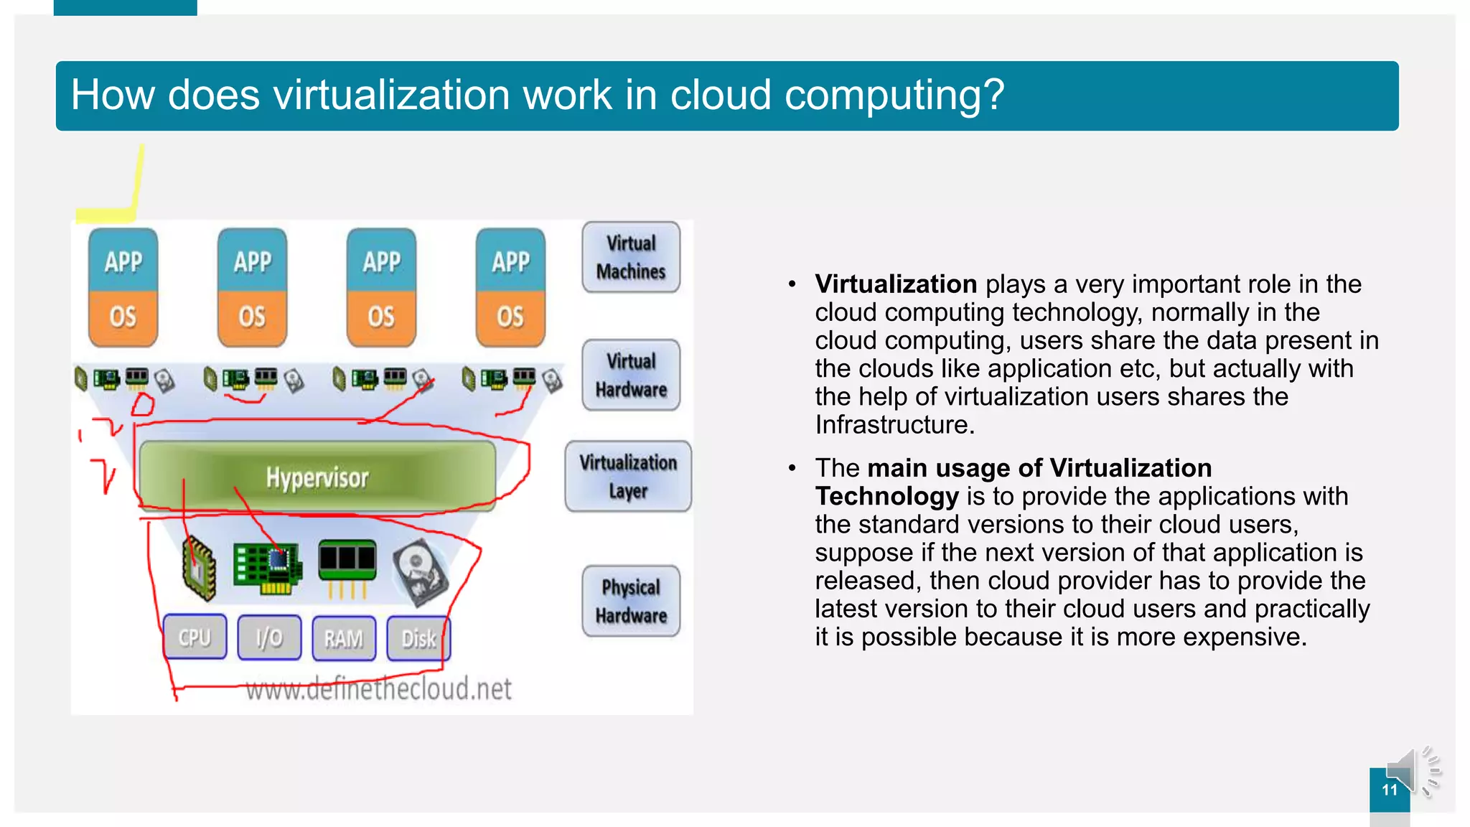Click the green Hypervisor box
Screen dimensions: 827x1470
point(317,477)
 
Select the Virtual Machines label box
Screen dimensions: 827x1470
point(631,257)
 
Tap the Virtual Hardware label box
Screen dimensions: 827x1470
point(631,375)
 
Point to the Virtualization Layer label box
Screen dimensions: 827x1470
point(628,476)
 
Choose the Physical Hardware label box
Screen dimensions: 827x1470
point(631,601)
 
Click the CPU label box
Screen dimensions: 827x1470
point(195,637)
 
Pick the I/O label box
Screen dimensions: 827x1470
point(269,637)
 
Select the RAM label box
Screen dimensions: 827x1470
point(344,637)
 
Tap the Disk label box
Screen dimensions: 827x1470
point(418,637)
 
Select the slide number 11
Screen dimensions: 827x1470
point(1390,790)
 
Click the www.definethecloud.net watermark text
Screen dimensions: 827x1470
point(378,688)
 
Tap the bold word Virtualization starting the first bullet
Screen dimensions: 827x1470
point(896,284)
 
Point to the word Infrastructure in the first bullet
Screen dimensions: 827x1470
point(894,425)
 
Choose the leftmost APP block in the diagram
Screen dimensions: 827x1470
point(123,261)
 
